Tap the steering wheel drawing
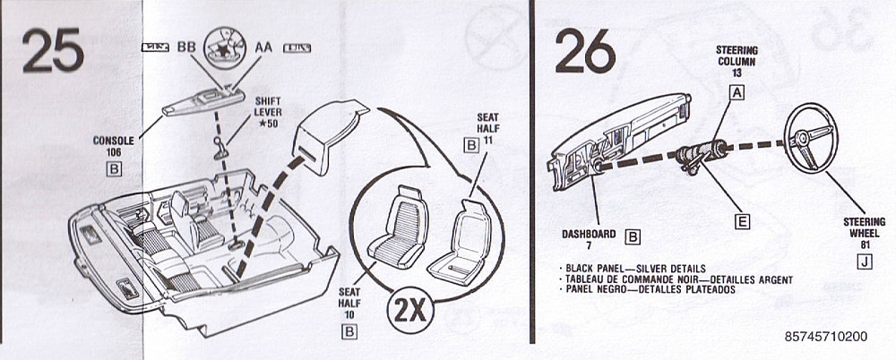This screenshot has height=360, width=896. point(812,139)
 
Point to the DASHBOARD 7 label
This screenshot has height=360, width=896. point(589,239)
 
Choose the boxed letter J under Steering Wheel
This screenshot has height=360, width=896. point(863,261)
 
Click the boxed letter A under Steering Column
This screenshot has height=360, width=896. point(737,91)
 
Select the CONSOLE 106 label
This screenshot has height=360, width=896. point(113,146)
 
